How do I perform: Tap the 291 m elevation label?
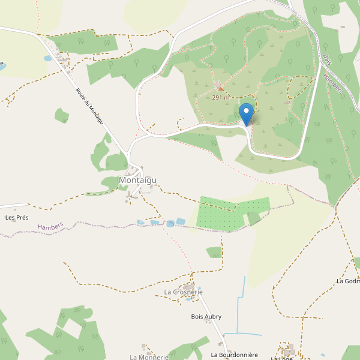[x=221, y=97]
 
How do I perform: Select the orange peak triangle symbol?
[x=220, y=89]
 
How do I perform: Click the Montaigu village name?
[x=137, y=180]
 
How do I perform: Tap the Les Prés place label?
[x=17, y=217]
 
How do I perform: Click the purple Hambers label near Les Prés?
[x=50, y=226]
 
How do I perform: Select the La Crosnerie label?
[x=183, y=292]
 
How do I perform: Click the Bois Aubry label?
[x=206, y=316]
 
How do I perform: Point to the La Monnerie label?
[x=149, y=357]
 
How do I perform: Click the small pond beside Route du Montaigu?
[x=48, y=59]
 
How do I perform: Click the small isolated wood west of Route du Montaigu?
[x=61, y=115]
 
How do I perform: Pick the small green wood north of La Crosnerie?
[x=214, y=252]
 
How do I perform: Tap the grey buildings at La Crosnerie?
[x=190, y=285]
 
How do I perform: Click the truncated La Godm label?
[x=348, y=281]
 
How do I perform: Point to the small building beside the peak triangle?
[x=218, y=83]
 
